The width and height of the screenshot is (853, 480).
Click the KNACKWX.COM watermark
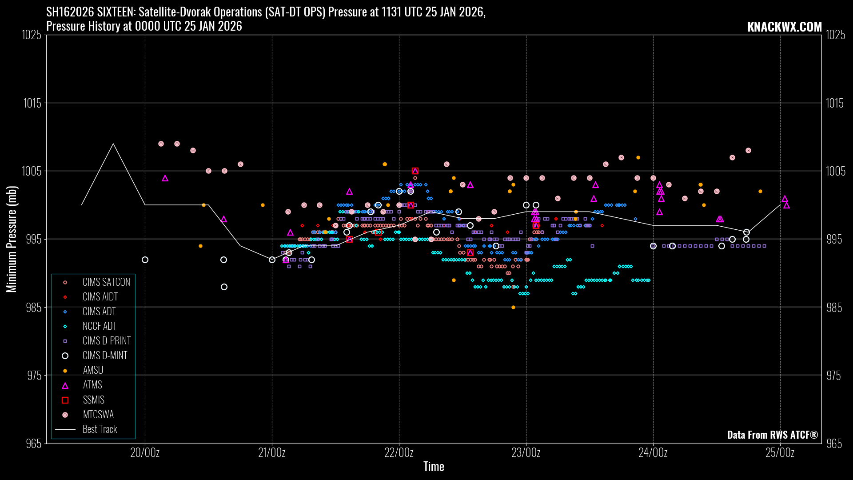click(784, 27)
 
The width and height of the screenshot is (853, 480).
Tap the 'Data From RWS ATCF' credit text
click(772, 435)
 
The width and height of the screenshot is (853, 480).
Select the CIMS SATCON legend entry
click(106, 282)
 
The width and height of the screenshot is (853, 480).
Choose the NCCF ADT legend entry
click(99, 326)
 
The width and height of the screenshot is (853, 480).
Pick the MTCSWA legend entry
click(98, 415)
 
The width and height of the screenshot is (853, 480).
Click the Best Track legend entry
click(100, 429)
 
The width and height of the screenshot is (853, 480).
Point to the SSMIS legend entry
click(93, 400)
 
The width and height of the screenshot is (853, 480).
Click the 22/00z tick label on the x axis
click(399, 453)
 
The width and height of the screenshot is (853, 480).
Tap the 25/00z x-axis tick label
click(780, 453)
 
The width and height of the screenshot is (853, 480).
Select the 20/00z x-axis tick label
click(145, 453)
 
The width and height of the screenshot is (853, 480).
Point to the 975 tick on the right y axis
click(833, 376)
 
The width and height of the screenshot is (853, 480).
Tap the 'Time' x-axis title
click(434, 467)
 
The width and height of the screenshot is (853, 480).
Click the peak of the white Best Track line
click(113, 144)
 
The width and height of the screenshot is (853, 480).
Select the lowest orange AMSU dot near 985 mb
click(513, 307)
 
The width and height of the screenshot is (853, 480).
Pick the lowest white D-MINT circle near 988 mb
click(224, 287)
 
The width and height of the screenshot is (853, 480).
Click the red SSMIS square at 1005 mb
click(415, 171)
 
